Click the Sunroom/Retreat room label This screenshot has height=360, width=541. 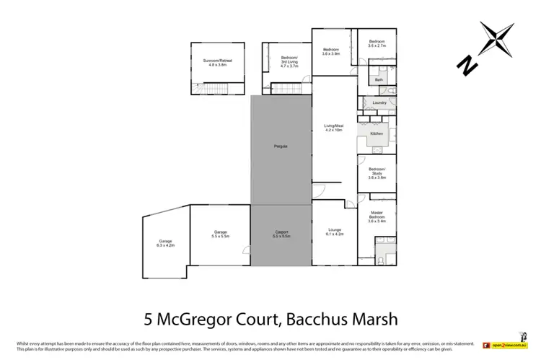tap(217, 63)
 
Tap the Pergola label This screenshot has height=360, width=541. tap(281, 146)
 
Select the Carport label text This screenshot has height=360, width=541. tap(281, 234)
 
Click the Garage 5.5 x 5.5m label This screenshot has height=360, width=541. tap(220, 234)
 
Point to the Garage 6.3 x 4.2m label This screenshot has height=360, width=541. tap(166, 243)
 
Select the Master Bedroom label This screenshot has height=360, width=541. tap(377, 217)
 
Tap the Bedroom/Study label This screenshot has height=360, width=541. tap(377, 174)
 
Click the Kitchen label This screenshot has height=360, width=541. tap(376, 134)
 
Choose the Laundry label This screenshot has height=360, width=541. tap(379, 103)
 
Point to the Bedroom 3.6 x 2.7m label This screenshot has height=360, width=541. tap(377, 43)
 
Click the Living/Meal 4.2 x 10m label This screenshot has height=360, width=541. tap(334, 128)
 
